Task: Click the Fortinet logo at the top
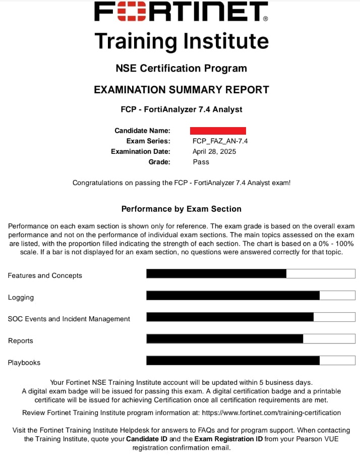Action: (x=181, y=12)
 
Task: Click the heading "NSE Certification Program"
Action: (x=181, y=69)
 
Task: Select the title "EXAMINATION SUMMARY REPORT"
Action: (x=181, y=90)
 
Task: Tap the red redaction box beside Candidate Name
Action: (x=218, y=131)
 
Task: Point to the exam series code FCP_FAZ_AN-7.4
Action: (x=220, y=141)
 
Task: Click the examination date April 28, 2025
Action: (x=214, y=151)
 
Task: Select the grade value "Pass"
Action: (x=201, y=162)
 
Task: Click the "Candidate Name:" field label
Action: (x=142, y=131)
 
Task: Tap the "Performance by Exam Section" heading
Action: (x=181, y=209)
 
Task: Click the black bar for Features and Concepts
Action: (x=216, y=274)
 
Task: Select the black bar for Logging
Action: (x=233, y=296)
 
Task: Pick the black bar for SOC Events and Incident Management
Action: (x=230, y=317)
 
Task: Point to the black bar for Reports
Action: (x=225, y=339)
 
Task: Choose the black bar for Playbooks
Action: (x=233, y=361)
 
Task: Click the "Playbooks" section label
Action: (x=24, y=363)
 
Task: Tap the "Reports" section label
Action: (x=21, y=341)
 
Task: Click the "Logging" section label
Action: (x=21, y=298)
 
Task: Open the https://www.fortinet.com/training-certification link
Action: (x=271, y=413)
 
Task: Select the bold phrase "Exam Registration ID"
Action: (x=228, y=439)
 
